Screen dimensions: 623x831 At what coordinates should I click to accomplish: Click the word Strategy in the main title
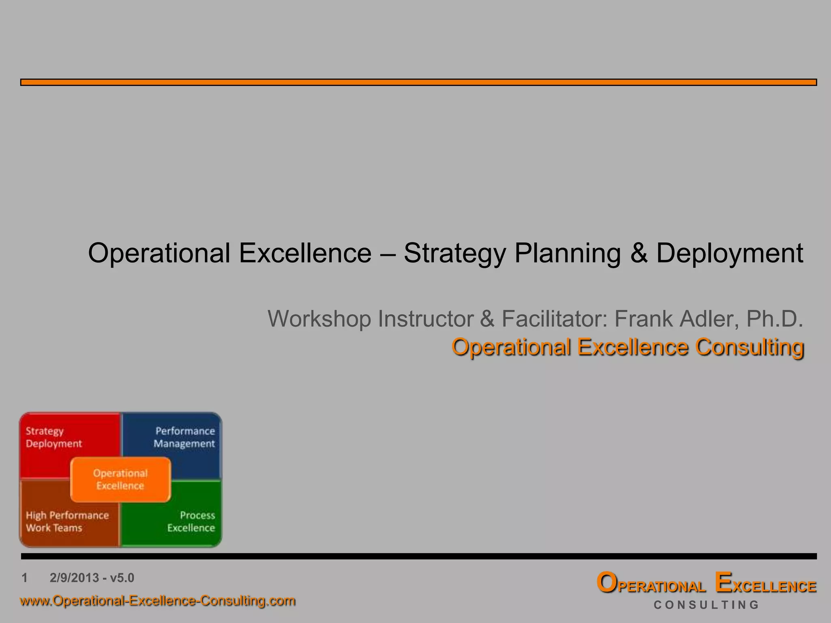click(454, 253)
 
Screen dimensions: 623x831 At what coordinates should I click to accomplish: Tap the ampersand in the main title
click(639, 253)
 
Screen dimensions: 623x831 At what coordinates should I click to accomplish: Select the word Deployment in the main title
click(730, 253)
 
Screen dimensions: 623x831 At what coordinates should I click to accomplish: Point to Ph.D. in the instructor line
click(775, 319)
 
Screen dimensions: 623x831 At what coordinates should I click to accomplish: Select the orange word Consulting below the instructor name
click(749, 347)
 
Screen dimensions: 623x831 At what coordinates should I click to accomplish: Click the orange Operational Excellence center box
click(121, 479)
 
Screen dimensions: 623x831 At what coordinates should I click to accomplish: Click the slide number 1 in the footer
click(25, 578)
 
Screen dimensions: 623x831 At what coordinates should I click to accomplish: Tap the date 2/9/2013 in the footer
click(74, 578)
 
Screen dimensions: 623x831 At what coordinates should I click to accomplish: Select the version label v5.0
click(122, 578)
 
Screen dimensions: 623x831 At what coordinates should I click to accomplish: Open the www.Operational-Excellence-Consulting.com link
click(157, 600)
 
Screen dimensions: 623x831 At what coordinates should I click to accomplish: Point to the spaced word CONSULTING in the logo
click(706, 605)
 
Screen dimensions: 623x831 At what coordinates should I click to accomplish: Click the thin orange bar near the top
click(418, 82)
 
